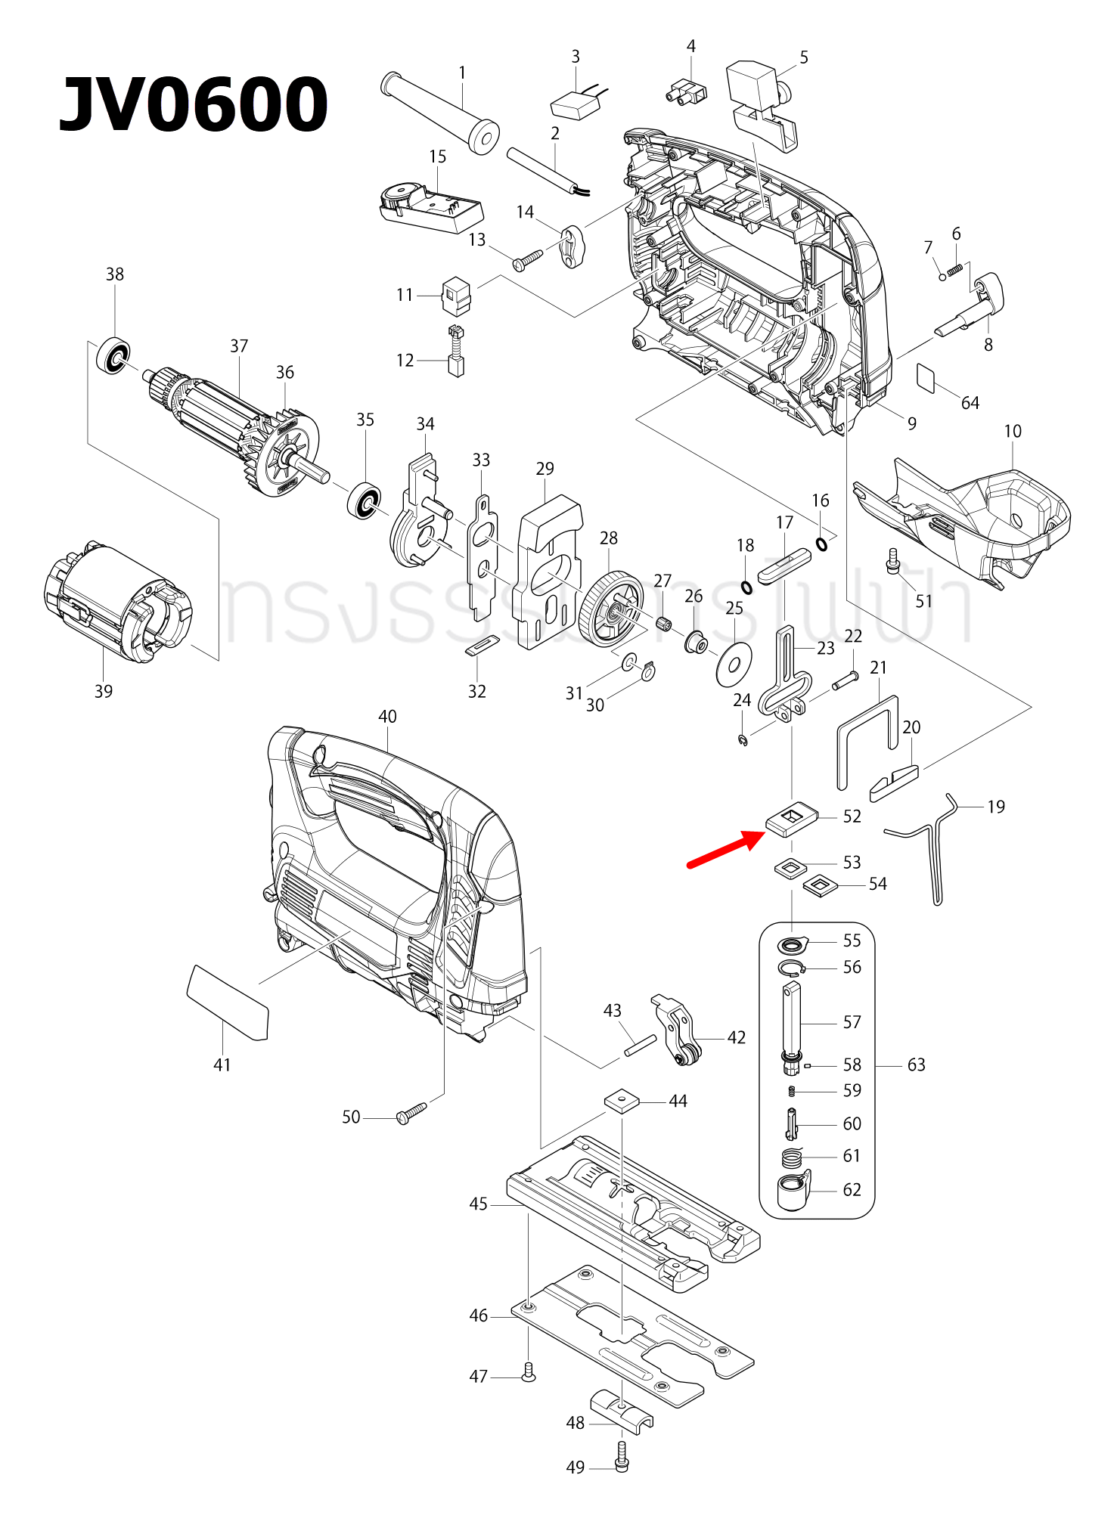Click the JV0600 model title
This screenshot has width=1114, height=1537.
pos(194,105)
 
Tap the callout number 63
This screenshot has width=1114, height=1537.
pos(916,1064)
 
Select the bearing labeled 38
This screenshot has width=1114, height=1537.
pos(113,355)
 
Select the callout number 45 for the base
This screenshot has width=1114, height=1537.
pos(478,1204)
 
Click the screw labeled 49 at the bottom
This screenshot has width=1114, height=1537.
pos(622,1456)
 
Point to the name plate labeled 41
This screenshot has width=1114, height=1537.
pos(228,1002)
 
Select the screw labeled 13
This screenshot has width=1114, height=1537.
pos(527,259)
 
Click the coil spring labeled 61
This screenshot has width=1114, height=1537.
pos(791,1157)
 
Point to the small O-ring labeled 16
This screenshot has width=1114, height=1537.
pos(821,544)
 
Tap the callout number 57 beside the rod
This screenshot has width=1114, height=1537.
pos(852,1022)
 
